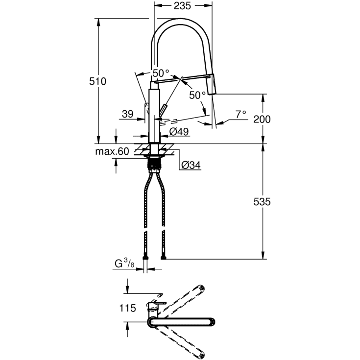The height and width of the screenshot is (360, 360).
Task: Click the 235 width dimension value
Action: tap(183, 6)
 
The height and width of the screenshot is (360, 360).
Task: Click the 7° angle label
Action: tap(240, 115)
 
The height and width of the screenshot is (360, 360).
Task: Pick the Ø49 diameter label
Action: tap(179, 132)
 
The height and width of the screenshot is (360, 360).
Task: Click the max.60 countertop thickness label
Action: tap(112, 151)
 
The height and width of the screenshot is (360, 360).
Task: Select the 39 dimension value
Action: tap(127, 114)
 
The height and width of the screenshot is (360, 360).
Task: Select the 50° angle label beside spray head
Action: tap(197, 95)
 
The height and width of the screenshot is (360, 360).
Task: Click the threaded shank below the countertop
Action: tap(155, 164)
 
